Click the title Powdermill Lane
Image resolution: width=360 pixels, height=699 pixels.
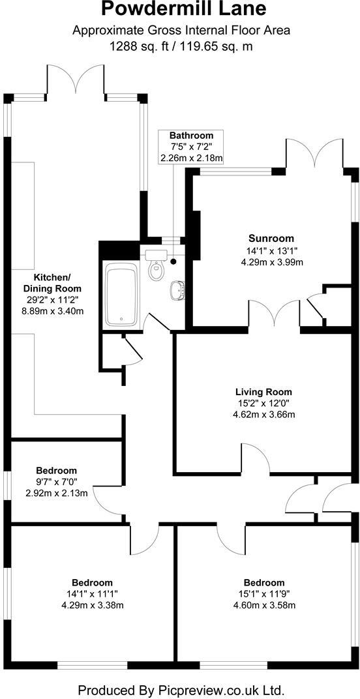pos(181,9)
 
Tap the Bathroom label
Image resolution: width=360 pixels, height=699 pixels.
pos(191,136)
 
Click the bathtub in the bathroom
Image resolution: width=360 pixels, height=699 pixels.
pos(121,295)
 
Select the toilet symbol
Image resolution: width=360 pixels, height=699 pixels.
pos(156,267)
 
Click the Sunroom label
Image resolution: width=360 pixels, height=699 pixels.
pos(271,238)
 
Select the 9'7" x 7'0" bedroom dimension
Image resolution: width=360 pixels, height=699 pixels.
pos(56,482)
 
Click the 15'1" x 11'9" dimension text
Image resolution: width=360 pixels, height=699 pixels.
pos(264,594)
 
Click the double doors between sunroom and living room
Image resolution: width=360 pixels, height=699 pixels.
pos(274,314)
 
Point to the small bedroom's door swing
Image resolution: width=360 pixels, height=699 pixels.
pos(106,500)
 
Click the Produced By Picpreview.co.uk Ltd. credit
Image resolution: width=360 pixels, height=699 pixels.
pos(181,689)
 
